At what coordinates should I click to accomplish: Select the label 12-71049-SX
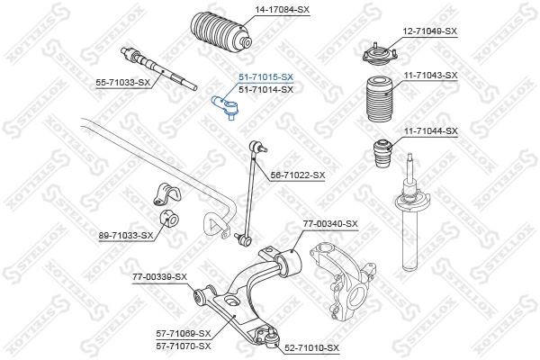point(430,31)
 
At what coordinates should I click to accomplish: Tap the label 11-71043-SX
point(430,76)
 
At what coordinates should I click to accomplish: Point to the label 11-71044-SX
point(430,131)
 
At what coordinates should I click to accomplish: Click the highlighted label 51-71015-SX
point(265,78)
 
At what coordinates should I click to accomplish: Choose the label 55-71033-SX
point(122,82)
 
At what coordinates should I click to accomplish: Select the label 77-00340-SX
point(330,223)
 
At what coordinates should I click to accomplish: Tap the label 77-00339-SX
point(159,276)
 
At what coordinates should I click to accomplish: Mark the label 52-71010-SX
point(311,347)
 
